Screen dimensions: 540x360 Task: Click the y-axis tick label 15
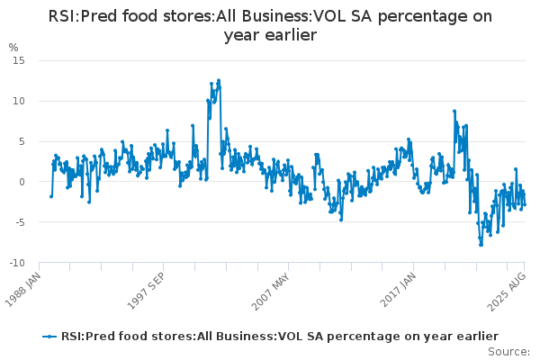(19, 61)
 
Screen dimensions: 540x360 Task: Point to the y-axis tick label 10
(19, 102)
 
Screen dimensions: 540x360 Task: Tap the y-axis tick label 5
(22, 141)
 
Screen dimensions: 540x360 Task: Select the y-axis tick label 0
(22, 182)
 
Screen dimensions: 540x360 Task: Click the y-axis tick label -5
(20, 222)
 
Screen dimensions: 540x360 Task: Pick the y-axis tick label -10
(17, 263)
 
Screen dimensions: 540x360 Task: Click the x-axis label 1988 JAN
(23, 290)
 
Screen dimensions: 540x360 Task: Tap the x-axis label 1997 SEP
(146, 291)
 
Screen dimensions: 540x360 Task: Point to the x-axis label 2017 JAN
(398, 290)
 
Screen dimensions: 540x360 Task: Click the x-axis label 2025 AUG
(507, 292)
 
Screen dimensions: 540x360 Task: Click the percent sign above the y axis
(13, 48)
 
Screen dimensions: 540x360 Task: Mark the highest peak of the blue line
(219, 81)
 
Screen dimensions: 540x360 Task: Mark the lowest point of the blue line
(481, 245)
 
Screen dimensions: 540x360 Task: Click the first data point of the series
(51, 196)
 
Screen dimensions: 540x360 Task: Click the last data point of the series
(525, 204)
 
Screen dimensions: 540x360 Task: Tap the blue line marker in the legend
(49, 337)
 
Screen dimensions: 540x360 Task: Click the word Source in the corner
(508, 352)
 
